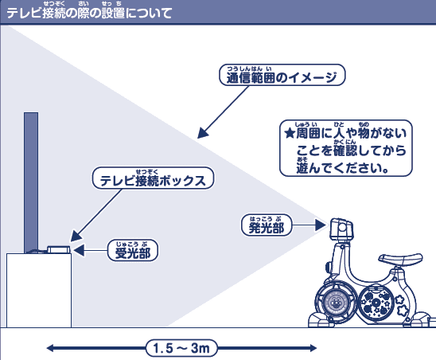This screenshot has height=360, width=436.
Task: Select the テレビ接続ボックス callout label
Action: [x=154, y=180]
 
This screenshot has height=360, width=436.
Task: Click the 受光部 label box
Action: [x=132, y=252]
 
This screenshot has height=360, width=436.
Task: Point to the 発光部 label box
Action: [x=266, y=227]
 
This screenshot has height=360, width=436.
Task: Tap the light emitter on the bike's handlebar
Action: [x=341, y=230]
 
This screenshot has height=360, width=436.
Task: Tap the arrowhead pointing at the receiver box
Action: [x=74, y=237]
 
